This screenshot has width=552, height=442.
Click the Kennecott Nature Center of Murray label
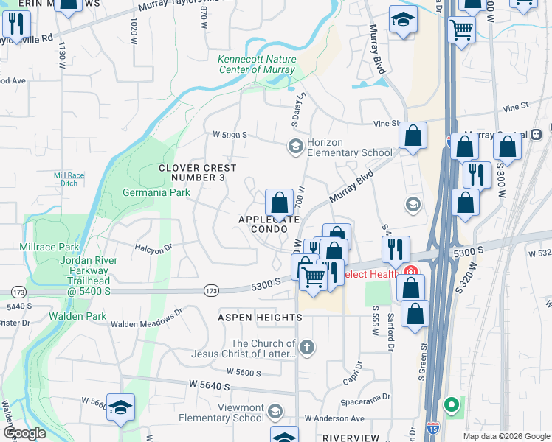point(257,65)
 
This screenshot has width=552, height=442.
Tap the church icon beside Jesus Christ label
point(307,346)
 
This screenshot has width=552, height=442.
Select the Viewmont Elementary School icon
point(275,410)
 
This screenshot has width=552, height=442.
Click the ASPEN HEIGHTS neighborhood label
point(260,317)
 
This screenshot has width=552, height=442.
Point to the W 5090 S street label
point(230,136)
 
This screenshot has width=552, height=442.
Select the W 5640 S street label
point(210,385)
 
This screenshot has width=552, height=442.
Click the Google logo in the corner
point(24,434)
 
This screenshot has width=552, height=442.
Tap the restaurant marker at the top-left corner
point(15,25)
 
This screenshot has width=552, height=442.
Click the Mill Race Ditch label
point(70,179)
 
